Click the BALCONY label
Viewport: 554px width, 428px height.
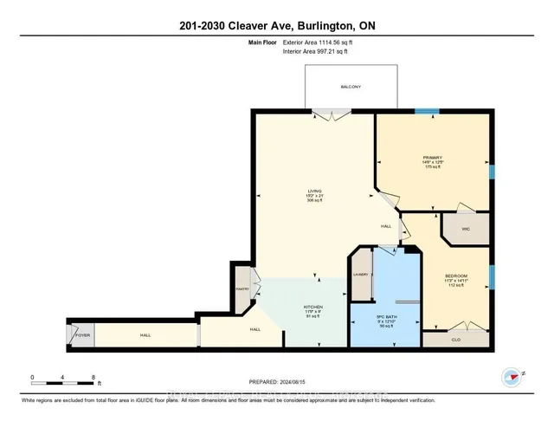tap(351, 87)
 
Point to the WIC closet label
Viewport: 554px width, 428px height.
tap(465, 230)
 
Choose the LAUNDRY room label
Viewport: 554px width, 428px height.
tap(361, 276)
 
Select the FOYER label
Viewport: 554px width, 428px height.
tap(81, 334)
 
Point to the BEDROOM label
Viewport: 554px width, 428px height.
tap(456, 276)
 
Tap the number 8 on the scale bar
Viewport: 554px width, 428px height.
tap(93, 377)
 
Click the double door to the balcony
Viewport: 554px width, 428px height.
tap(332, 114)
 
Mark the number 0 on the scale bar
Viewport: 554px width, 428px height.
tap(32, 377)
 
